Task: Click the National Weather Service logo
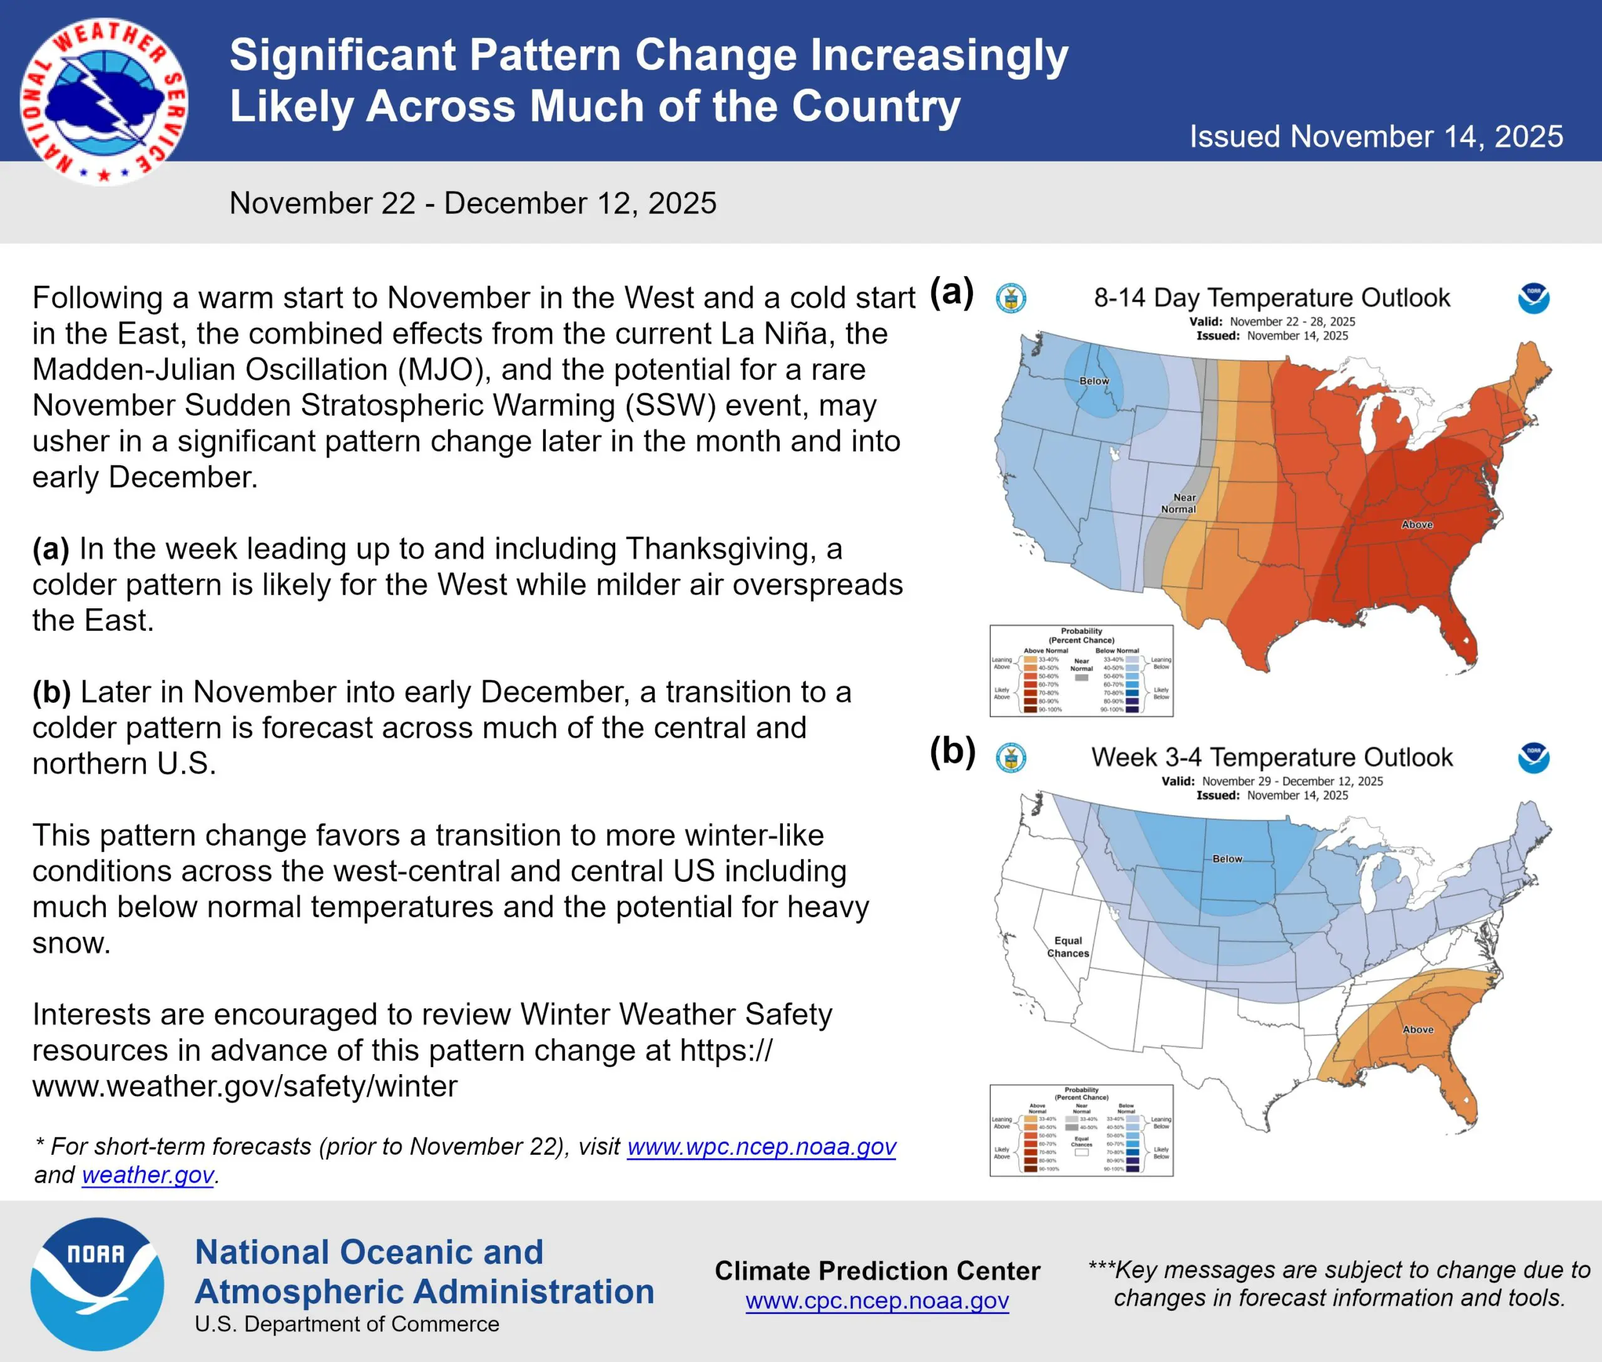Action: coord(103,101)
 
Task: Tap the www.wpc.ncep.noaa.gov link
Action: coord(761,1147)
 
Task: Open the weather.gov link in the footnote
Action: coord(148,1175)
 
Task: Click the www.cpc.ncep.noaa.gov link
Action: coord(877,1301)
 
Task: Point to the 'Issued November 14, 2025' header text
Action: coord(1376,136)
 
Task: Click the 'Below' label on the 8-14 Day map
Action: coord(1094,381)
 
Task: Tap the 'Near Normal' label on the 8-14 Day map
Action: coord(1179,503)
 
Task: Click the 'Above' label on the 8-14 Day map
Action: coord(1417,525)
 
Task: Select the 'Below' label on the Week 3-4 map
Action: coord(1227,859)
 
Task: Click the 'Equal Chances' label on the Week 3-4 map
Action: coord(1068,946)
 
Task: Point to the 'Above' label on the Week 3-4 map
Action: coord(1417,1029)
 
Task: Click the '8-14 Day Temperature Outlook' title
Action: coord(1272,298)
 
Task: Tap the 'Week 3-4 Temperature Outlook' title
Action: coord(1272,757)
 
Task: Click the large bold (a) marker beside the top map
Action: coord(952,292)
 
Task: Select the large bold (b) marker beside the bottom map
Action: coord(952,751)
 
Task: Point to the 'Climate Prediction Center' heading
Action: coord(877,1271)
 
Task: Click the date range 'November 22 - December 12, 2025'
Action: coord(472,203)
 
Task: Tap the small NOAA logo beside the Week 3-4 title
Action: coord(1533,757)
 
